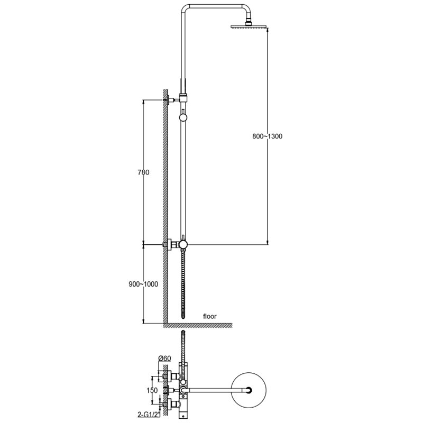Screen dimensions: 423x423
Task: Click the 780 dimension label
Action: click(143, 172)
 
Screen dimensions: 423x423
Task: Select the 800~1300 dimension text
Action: click(268, 136)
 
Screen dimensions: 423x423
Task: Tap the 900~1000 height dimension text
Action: click(143, 284)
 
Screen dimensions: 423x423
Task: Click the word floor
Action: click(209, 316)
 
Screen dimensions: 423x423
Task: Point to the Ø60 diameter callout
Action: click(164, 358)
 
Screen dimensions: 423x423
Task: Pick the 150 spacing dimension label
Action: click(152, 390)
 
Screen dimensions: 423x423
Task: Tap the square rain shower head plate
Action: click(249, 26)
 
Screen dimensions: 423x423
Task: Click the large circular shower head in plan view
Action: click(249, 390)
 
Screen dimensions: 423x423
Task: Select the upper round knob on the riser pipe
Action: click(183, 117)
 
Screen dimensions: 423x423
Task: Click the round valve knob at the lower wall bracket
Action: click(183, 245)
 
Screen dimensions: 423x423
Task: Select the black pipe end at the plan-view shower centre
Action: click(249, 390)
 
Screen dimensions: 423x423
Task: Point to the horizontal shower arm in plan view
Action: click(216, 390)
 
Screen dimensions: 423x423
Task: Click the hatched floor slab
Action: click(198, 325)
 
